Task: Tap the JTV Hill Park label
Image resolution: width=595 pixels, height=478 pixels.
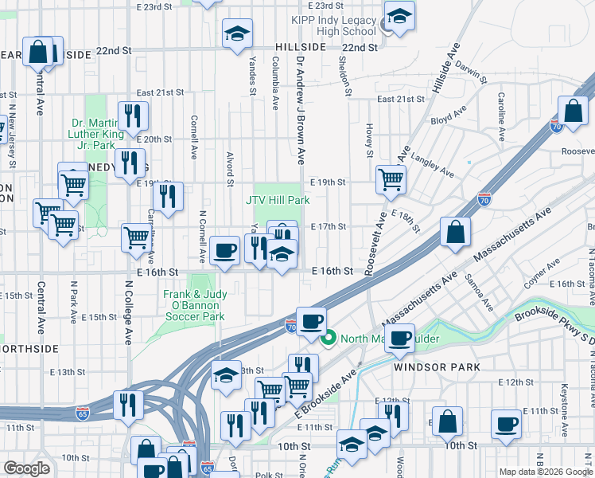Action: pos(278,200)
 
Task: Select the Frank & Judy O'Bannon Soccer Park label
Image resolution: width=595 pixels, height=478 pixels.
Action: pos(195,305)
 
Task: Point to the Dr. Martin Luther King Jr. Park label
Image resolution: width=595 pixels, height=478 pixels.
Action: pos(97,134)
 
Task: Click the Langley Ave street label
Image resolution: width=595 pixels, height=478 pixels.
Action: pos(432,166)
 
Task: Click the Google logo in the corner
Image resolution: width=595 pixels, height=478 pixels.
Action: pos(27,468)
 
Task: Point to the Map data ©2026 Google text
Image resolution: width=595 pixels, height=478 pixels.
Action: pos(546,472)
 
